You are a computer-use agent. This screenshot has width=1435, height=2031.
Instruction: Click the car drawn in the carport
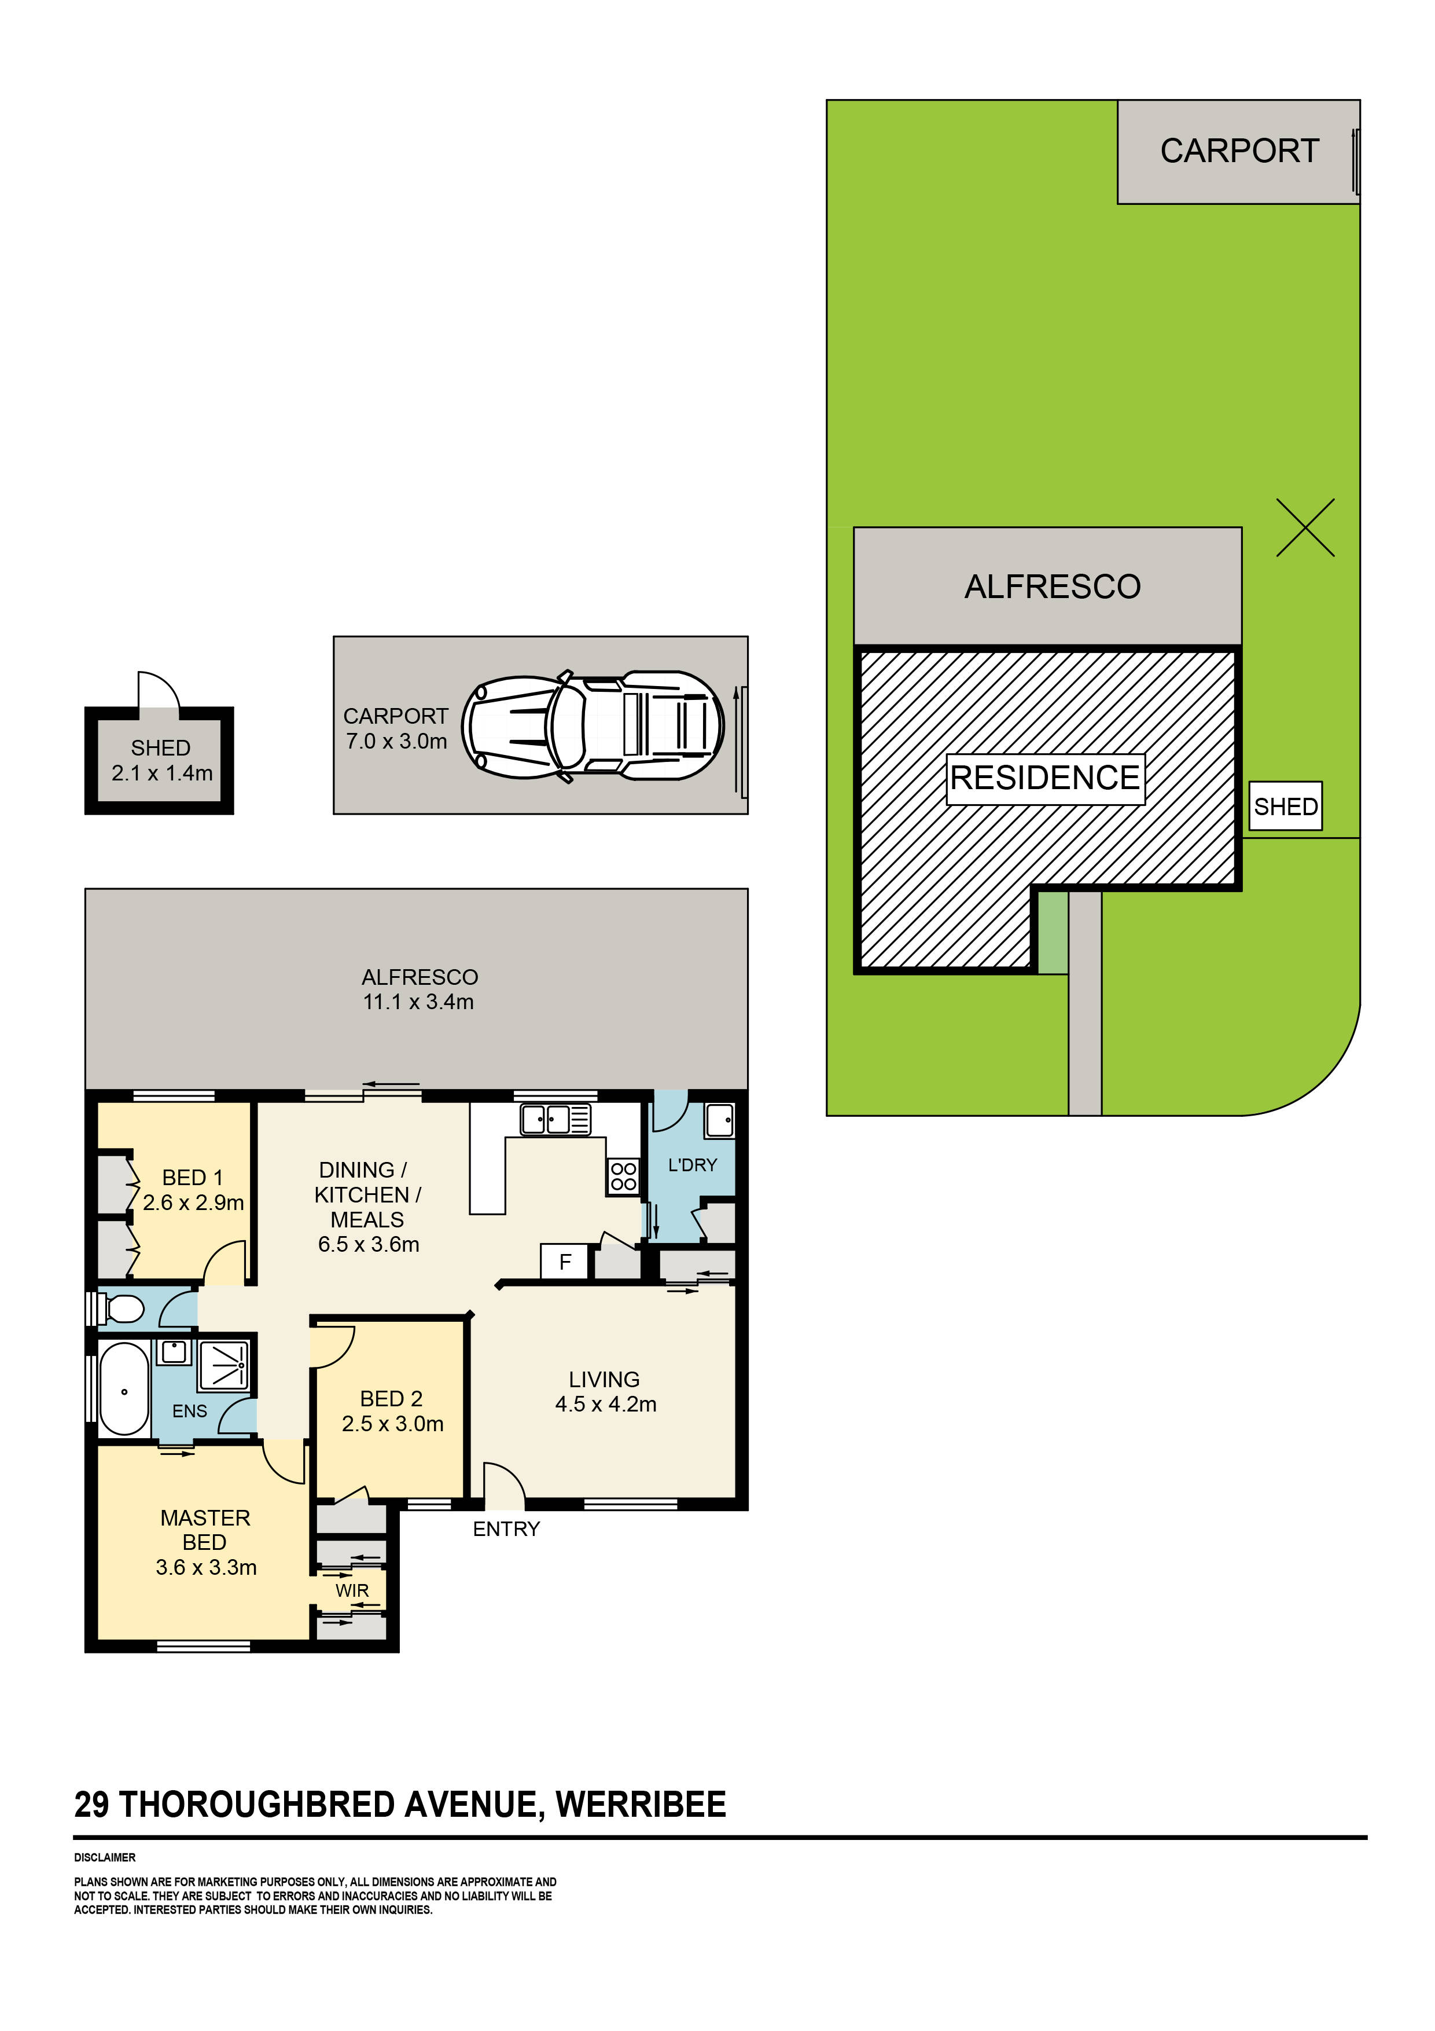point(593,726)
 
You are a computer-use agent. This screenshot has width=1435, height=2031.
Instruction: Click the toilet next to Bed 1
point(123,1308)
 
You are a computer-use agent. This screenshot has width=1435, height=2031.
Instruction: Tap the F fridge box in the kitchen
point(565,1262)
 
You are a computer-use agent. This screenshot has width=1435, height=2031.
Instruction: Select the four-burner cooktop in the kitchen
point(623,1176)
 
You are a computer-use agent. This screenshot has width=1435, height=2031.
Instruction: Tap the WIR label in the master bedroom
point(352,1590)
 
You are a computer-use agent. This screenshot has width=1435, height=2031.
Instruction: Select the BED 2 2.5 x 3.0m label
point(392,1411)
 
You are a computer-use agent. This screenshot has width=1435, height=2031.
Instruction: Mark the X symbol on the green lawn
point(1304,528)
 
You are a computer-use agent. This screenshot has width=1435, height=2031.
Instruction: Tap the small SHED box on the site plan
point(1285,806)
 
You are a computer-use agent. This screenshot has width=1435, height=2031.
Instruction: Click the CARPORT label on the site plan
point(1239,151)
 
